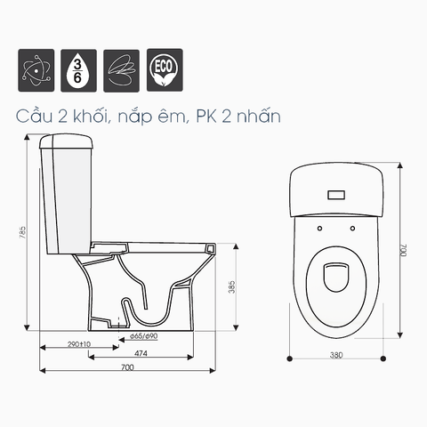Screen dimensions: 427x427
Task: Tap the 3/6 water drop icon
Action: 77,68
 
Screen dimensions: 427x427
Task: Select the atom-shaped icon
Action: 35,68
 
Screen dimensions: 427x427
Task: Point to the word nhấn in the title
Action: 259,116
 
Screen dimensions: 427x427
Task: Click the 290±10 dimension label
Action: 79,344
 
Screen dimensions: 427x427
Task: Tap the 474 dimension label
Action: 141,354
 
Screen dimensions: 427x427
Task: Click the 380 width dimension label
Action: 336,354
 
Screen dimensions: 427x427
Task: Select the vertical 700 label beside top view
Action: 402,250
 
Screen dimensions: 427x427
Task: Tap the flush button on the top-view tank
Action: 336,193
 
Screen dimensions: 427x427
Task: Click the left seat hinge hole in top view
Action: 318,228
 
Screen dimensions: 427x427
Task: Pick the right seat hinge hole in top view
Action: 353,228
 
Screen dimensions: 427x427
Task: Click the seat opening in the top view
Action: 336,279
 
